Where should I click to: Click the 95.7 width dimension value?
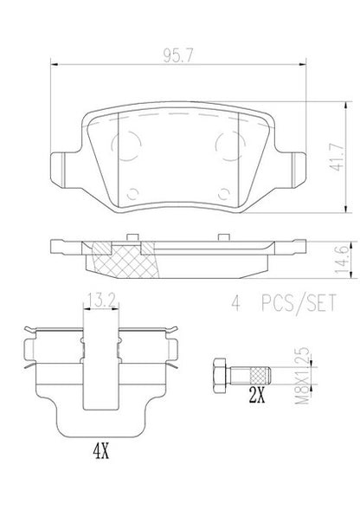click(178, 56)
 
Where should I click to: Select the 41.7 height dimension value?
click(337, 157)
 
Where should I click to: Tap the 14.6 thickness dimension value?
click(343, 260)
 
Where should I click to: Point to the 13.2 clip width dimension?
click(101, 300)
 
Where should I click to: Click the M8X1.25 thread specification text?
click(302, 376)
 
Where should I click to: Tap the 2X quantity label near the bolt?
click(257, 395)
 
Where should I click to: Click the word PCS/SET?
click(299, 303)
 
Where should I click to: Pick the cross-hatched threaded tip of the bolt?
click(259, 376)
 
